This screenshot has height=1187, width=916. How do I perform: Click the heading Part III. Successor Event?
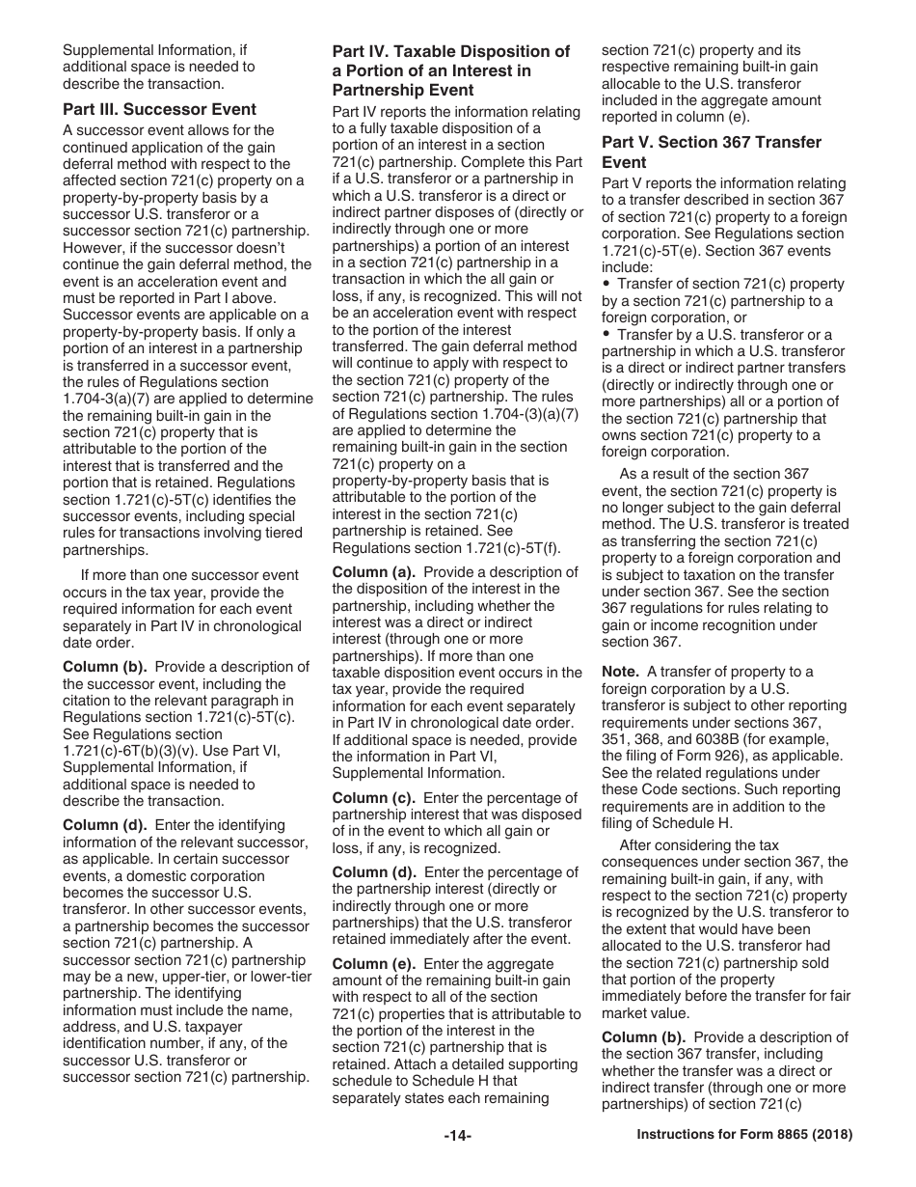coord(159,109)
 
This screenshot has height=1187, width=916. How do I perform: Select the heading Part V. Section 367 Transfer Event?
coord(712,152)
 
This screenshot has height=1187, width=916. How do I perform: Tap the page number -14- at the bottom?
coord(457,1136)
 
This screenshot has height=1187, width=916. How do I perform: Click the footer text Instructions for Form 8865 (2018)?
coord(744,1136)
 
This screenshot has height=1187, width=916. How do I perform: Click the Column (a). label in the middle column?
coord(374,571)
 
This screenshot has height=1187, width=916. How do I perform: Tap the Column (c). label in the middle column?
coord(374,798)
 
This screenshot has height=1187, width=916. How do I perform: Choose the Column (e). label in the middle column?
coord(374,964)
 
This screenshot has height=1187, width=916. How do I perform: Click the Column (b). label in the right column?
coord(644,1037)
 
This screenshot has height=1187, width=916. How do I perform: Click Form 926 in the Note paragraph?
coord(729,756)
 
